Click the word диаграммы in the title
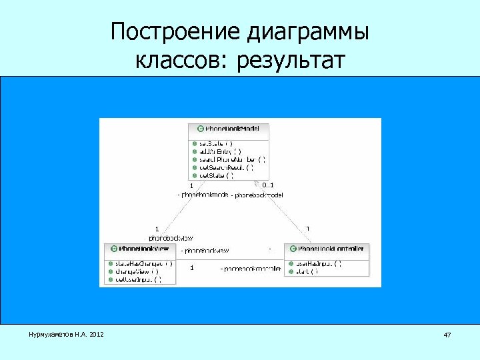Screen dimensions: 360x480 (308, 31)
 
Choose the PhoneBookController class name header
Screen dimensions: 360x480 (330, 249)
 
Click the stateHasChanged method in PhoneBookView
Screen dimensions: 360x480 (144, 263)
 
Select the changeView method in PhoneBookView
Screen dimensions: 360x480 (137, 271)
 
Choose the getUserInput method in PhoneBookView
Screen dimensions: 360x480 (138, 279)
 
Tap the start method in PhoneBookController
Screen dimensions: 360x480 (307, 271)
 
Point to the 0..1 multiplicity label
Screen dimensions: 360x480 (267, 185)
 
